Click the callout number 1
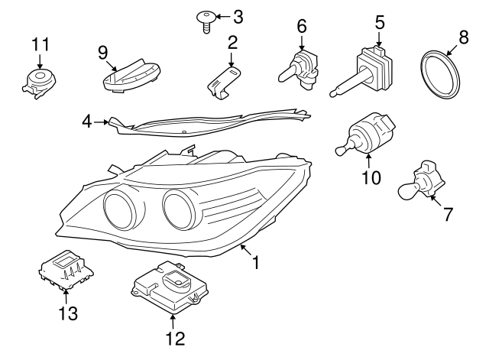pos(257,262)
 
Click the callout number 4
pos(87,121)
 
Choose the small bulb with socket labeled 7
pos(423,181)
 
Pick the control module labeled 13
pos(66,270)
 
